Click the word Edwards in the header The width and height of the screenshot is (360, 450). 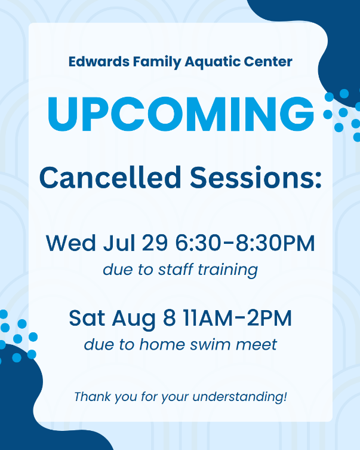pyautogui.click(x=99, y=62)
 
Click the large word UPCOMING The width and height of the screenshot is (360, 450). pyautogui.click(x=180, y=114)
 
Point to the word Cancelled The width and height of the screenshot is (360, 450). pyautogui.click(x=110, y=177)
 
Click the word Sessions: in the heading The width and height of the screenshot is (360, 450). pyautogui.click(x=256, y=177)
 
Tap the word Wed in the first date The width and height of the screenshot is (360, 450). pyautogui.click(x=71, y=243)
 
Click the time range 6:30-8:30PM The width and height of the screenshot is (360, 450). pyautogui.click(x=245, y=243)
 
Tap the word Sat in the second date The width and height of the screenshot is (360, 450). pyautogui.click(x=87, y=319)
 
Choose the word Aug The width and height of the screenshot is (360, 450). pyautogui.click(x=134, y=319)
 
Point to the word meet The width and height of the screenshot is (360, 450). pyautogui.click(x=256, y=345)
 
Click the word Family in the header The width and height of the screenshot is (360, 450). pyautogui.click(x=157, y=62)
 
